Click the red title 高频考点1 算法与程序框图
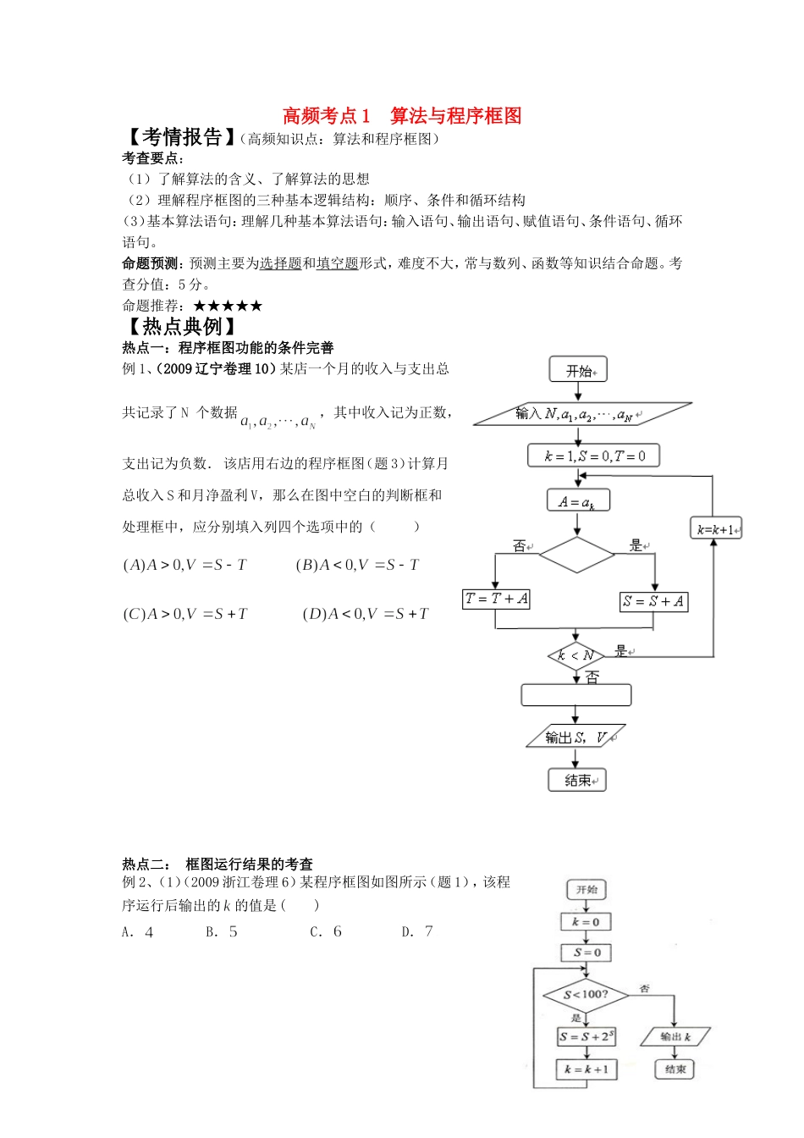coord(402,115)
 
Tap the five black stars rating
coord(228,306)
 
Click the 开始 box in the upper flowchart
coord(579,370)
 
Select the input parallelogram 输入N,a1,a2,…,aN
coord(581,414)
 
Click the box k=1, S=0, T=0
coord(593,456)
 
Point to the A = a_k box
coord(578,501)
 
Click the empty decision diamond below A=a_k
coord(577,555)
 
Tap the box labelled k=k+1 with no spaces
coord(716,530)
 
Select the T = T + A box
coord(497,599)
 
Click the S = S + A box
coord(653,601)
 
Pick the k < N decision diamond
coord(575,655)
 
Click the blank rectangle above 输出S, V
coord(575,695)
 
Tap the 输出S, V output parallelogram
coord(575,737)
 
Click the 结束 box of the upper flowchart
coord(577,780)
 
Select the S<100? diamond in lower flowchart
coord(586,994)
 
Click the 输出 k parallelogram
coord(675,1036)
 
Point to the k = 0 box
coord(586,922)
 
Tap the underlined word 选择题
coord(281,263)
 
